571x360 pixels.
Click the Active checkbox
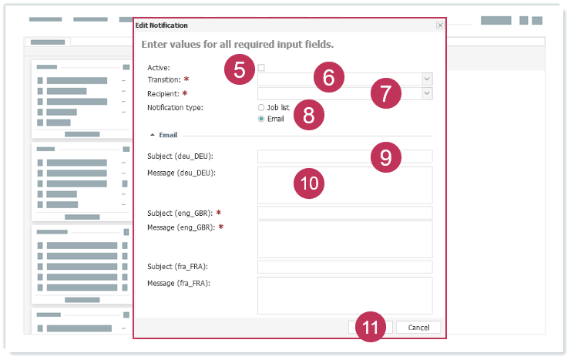[x=261, y=67]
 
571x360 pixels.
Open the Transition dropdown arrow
[x=427, y=79]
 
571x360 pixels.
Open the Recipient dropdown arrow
[x=427, y=93]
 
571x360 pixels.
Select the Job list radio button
[x=261, y=107]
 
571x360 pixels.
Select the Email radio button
[x=261, y=119]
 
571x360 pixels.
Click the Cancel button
[x=418, y=327]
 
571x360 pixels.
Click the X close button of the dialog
[x=440, y=25]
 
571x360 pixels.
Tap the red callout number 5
[x=239, y=69]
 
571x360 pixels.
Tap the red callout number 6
[x=329, y=77]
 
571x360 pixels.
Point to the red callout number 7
[x=386, y=93]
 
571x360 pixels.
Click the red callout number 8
[x=309, y=115]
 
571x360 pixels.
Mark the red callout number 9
[x=386, y=157]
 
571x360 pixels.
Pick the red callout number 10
[x=309, y=183]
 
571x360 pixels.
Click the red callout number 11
[x=371, y=327]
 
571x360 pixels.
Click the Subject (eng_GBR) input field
[x=345, y=213]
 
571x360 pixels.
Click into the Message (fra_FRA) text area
[x=345, y=295]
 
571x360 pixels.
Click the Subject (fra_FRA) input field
[x=345, y=267]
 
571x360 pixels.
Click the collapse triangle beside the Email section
[x=153, y=135]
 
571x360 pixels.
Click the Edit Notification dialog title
[x=161, y=25]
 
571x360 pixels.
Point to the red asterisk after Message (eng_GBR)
[x=220, y=227]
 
